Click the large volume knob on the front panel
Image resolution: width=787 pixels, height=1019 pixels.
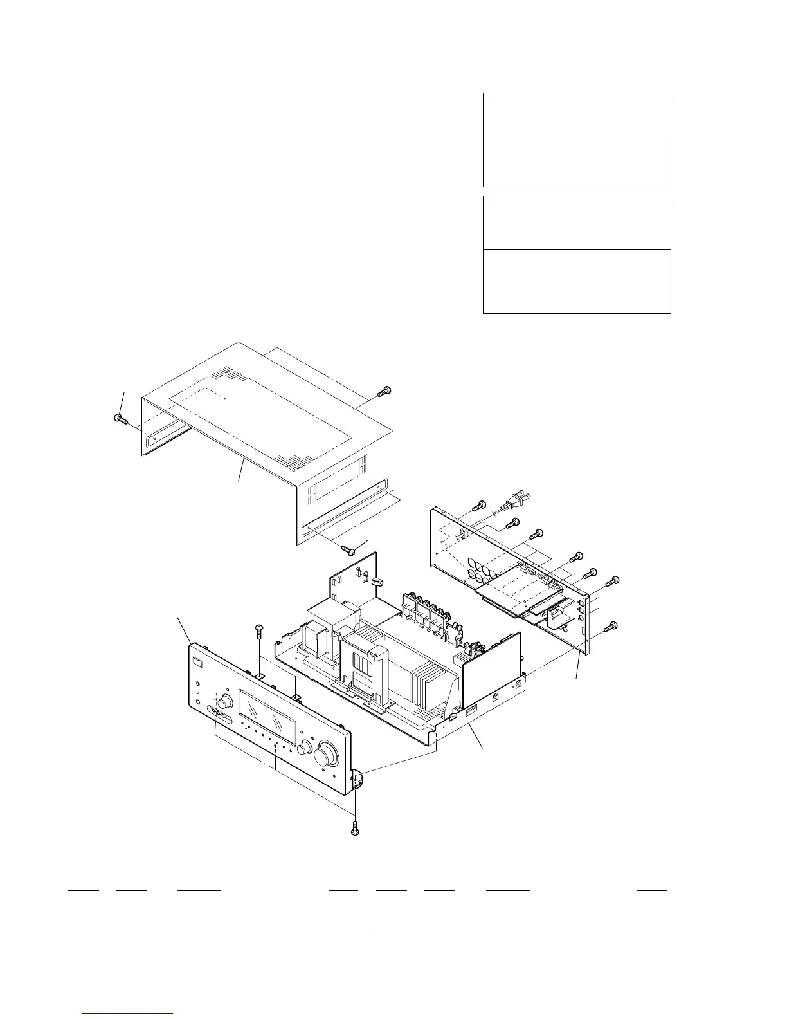point(326,755)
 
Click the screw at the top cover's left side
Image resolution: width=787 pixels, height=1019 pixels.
point(119,419)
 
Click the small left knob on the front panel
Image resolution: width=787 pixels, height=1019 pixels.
point(226,701)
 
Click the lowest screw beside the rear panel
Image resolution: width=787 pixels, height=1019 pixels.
point(611,625)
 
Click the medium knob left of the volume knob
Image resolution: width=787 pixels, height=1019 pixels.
point(305,748)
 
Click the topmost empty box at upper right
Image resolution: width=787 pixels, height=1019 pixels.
point(577,113)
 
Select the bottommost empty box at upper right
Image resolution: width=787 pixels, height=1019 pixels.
point(577,281)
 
